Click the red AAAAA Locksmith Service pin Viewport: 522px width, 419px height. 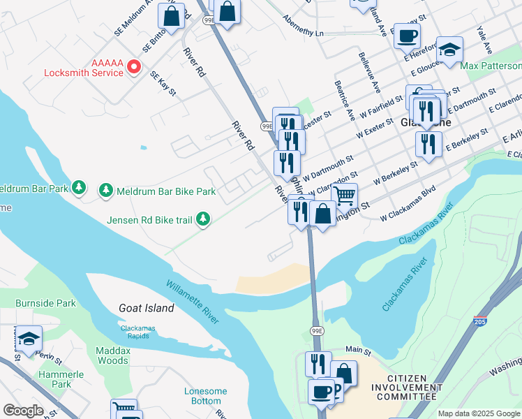pyautogui.click(x=133, y=67)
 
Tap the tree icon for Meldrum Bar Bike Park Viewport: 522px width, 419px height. pyautogui.click(x=105, y=190)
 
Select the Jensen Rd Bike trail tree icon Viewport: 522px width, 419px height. pyautogui.click(x=203, y=219)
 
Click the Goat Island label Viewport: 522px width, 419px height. pyautogui.click(x=147, y=308)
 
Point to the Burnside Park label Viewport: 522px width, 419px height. pyautogui.click(x=46, y=304)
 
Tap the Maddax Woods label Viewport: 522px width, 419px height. pyautogui.click(x=112, y=355)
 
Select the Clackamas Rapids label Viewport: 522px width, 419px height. pyautogui.click(x=137, y=332)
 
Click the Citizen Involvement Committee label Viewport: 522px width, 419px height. pyautogui.click(x=398, y=392)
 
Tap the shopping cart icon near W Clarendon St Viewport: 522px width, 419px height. pyautogui.click(x=344, y=196)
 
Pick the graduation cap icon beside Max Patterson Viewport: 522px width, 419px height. pyautogui.click(x=449, y=50)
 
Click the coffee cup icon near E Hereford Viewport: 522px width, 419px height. pyautogui.click(x=407, y=35)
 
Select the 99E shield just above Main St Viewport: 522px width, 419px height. pyautogui.click(x=317, y=331)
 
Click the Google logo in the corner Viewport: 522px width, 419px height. pyautogui.click(x=23, y=411)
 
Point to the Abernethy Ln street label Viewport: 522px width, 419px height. pyautogui.click(x=304, y=32)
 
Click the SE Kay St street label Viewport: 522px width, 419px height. pyautogui.click(x=163, y=85)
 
